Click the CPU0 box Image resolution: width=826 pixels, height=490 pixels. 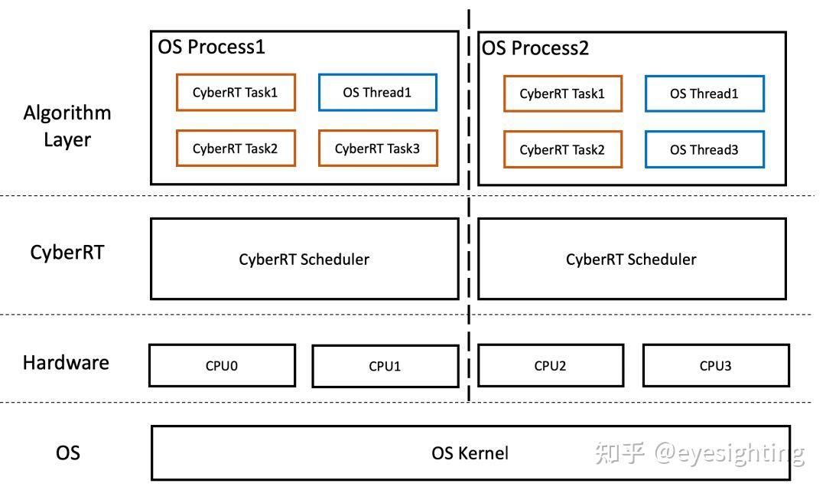pyautogui.click(x=222, y=365)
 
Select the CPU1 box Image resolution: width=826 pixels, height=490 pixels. pyautogui.click(x=385, y=366)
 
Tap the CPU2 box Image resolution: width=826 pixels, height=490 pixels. pyautogui.click(x=550, y=365)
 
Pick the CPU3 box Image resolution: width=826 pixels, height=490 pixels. pyautogui.click(x=715, y=365)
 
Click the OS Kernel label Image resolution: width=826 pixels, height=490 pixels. pyautogui.click(x=470, y=452)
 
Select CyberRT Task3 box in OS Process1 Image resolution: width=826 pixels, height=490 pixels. pyautogui.click(x=377, y=149)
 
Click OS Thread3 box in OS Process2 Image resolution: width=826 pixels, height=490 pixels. pyautogui.click(x=704, y=149)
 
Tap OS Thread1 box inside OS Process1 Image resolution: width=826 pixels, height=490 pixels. pyautogui.click(x=377, y=93)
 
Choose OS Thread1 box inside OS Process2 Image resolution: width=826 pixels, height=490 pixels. pyautogui.click(x=704, y=93)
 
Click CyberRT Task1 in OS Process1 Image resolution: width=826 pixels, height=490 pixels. pyautogui.click(x=235, y=93)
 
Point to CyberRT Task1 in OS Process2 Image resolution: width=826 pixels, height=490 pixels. pyautogui.click(x=562, y=93)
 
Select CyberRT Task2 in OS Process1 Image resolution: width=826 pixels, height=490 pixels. pyautogui.click(x=235, y=149)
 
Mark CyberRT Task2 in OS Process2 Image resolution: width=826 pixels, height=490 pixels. pyautogui.click(x=562, y=149)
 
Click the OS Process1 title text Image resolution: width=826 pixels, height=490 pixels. pyautogui.click(x=211, y=47)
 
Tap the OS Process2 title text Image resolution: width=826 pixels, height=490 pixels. pyautogui.click(x=535, y=47)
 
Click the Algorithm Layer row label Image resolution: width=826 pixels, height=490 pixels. pyautogui.click(x=67, y=126)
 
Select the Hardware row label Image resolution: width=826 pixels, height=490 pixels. pyautogui.click(x=66, y=362)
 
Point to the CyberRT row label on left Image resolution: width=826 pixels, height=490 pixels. pyautogui.click(x=67, y=252)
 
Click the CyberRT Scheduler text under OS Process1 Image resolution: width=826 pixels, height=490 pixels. pyautogui.click(x=304, y=259)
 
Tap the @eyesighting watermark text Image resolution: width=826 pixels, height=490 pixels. pyautogui.click(x=729, y=452)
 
